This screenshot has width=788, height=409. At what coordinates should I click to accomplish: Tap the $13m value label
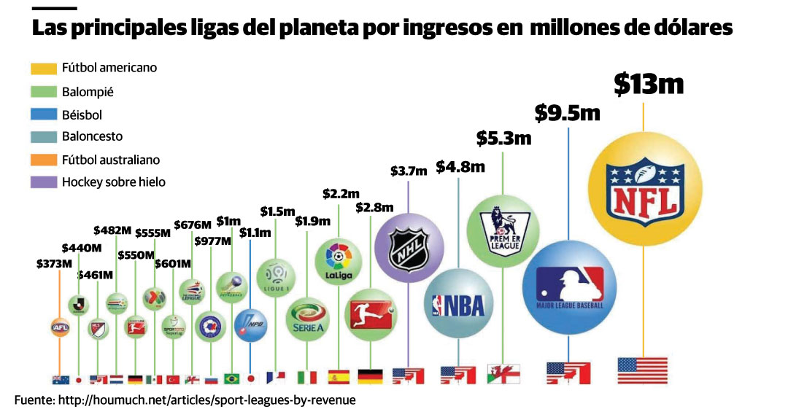(648, 85)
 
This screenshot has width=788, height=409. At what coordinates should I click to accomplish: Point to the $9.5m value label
(567, 113)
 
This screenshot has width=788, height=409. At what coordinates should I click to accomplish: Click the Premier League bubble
(503, 229)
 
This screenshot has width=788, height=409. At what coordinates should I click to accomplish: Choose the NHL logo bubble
(409, 249)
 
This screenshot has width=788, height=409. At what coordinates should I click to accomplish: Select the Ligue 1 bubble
(276, 278)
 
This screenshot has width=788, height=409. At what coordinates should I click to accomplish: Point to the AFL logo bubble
(60, 328)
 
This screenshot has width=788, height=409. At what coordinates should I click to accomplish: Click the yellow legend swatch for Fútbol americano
(43, 69)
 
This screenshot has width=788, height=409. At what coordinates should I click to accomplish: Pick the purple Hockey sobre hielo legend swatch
(43, 182)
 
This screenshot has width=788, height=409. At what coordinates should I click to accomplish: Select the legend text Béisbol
(82, 114)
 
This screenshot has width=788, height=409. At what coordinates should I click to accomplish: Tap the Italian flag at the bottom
(308, 378)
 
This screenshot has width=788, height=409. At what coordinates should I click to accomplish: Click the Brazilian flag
(232, 379)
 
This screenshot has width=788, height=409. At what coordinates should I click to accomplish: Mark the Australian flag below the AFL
(60, 379)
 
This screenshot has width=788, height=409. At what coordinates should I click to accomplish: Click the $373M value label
(55, 264)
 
